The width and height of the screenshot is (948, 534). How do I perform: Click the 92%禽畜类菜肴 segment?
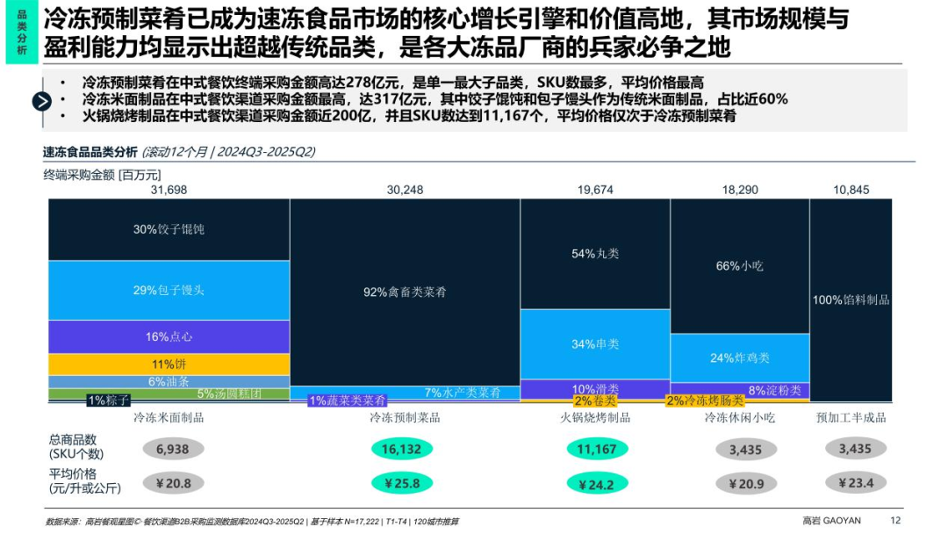[x=405, y=292]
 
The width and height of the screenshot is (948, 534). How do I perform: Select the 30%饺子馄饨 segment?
[x=169, y=229]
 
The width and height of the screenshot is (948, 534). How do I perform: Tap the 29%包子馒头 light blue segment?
[x=169, y=290]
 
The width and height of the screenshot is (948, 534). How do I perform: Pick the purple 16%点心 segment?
[x=169, y=336]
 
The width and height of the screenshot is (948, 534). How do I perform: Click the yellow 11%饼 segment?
[x=169, y=364]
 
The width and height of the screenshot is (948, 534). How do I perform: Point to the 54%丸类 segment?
[x=595, y=254]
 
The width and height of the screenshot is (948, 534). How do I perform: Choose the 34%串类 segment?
[x=595, y=343]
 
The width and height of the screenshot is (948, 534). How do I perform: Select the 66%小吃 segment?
[x=739, y=266]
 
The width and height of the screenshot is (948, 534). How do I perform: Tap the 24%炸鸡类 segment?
[x=739, y=357]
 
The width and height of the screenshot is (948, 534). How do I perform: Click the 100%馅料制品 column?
[x=851, y=299]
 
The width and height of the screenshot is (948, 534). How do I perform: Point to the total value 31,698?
[x=169, y=190]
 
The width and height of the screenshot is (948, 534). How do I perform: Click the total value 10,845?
[x=851, y=190]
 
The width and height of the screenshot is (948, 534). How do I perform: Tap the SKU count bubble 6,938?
[x=173, y=450]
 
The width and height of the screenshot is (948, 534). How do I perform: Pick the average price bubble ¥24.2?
[x=596, y=483]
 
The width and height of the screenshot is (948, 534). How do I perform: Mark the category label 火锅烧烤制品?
[x=595, y=417]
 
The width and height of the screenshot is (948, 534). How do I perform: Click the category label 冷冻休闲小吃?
[x=739, y=417]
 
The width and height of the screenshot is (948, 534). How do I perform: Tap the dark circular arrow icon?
[x=42, y=101]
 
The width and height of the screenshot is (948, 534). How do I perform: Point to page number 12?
[x=895, y=520]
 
